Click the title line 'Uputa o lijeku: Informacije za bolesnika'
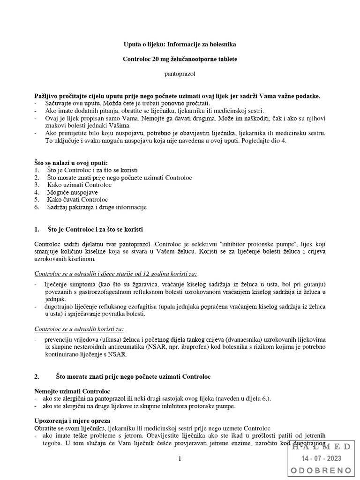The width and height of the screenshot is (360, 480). pos(180,45)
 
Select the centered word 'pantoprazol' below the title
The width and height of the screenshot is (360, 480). pos(180,74)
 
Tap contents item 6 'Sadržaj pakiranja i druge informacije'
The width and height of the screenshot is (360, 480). pos(97,207)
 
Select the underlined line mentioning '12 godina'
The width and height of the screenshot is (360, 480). pos(116,274)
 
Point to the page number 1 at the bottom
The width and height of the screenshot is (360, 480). pos(180,459)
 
